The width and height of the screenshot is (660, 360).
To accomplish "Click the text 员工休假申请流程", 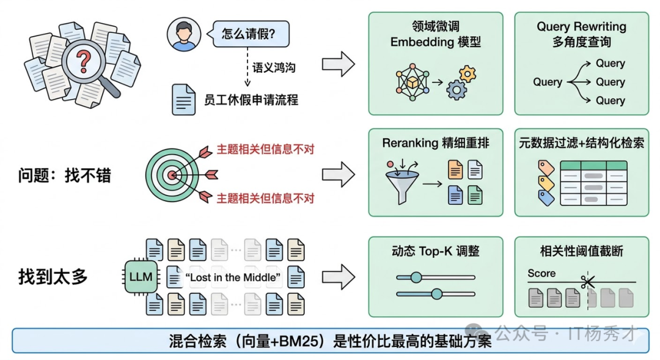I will tap(251, 100).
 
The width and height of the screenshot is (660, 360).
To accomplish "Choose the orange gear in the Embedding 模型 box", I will tap(468, 74).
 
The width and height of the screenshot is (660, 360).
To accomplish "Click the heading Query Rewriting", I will tap(581, 27).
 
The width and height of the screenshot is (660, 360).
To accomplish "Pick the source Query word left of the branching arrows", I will tap(548, 82).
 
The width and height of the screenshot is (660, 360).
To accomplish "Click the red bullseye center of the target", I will tap(172, 175).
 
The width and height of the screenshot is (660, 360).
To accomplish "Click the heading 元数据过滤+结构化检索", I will tap(581, 143).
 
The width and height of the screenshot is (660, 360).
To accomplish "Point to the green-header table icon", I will tap(595, 182).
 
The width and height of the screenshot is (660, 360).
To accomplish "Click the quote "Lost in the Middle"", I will tap(232, 278).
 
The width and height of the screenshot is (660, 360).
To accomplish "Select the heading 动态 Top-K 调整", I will tap(435, 251).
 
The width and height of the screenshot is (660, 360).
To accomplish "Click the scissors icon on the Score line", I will tap(588, 282).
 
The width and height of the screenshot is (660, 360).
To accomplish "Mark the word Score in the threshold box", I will tap(541, 273).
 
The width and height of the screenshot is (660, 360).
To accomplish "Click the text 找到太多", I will tap(53, 277).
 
